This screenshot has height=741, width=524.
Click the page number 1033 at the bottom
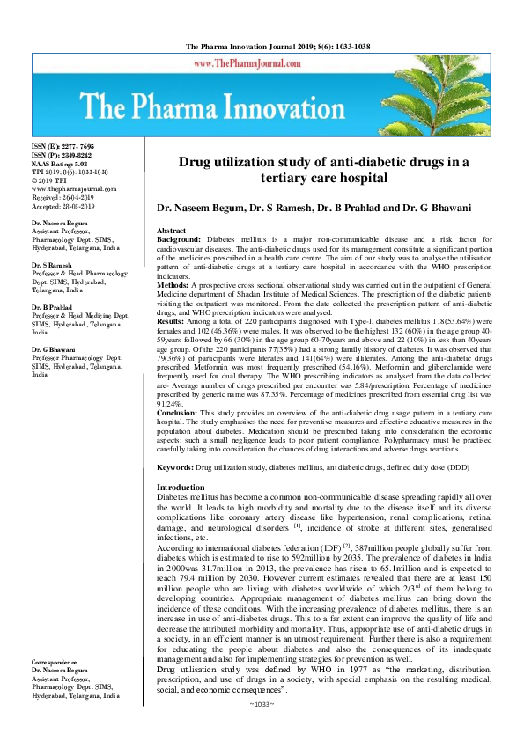[x=262, y=730]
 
